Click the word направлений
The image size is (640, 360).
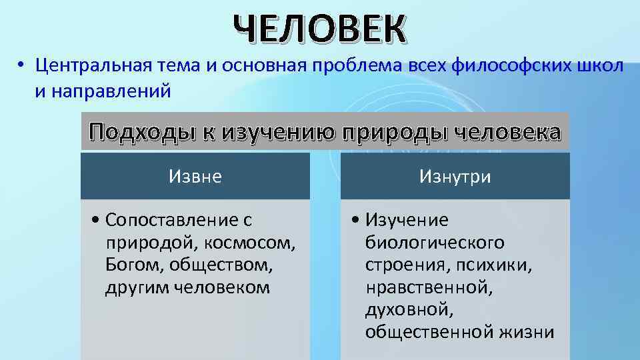[x=116, y=90]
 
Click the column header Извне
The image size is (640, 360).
[x=195, y=177]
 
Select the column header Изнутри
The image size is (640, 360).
[x=455, y=177]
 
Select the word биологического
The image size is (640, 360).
[x=434, y=243]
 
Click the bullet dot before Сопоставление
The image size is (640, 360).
[x=97, y=221]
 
